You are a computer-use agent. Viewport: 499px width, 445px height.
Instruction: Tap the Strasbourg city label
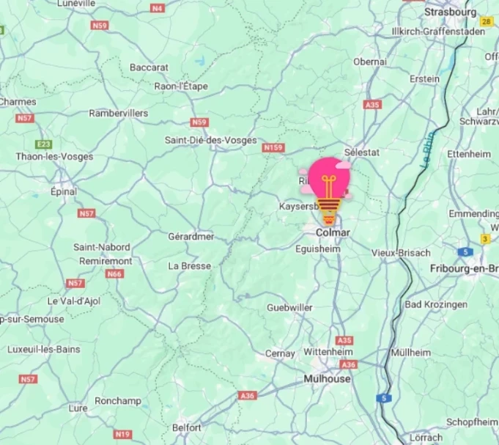(450, 12)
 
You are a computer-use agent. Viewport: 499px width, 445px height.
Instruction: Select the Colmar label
(333, 232)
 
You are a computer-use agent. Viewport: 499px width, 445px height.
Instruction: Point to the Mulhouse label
(327, 379)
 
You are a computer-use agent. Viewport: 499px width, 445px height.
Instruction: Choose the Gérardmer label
(191, 236)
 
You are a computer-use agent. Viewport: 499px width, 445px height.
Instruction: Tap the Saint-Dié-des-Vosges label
(210, 140)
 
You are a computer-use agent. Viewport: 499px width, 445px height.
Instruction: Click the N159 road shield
(273, 148)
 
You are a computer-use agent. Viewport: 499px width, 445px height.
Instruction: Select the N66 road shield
(114, 273)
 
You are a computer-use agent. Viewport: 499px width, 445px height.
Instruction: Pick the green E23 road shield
(44, 144)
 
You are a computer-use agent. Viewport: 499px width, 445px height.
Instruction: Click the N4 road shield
(158, 8)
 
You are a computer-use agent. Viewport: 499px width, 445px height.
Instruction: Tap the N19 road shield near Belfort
(122, 434)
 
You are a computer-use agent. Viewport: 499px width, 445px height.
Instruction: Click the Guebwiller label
(289, 307)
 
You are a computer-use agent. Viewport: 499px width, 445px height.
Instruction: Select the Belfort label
(187, 427)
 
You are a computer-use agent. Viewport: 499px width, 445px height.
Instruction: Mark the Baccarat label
(149, 67)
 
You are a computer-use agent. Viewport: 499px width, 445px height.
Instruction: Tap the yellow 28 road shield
(486, 22)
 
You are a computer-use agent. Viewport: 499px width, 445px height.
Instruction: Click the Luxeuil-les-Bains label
(44, 349)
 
